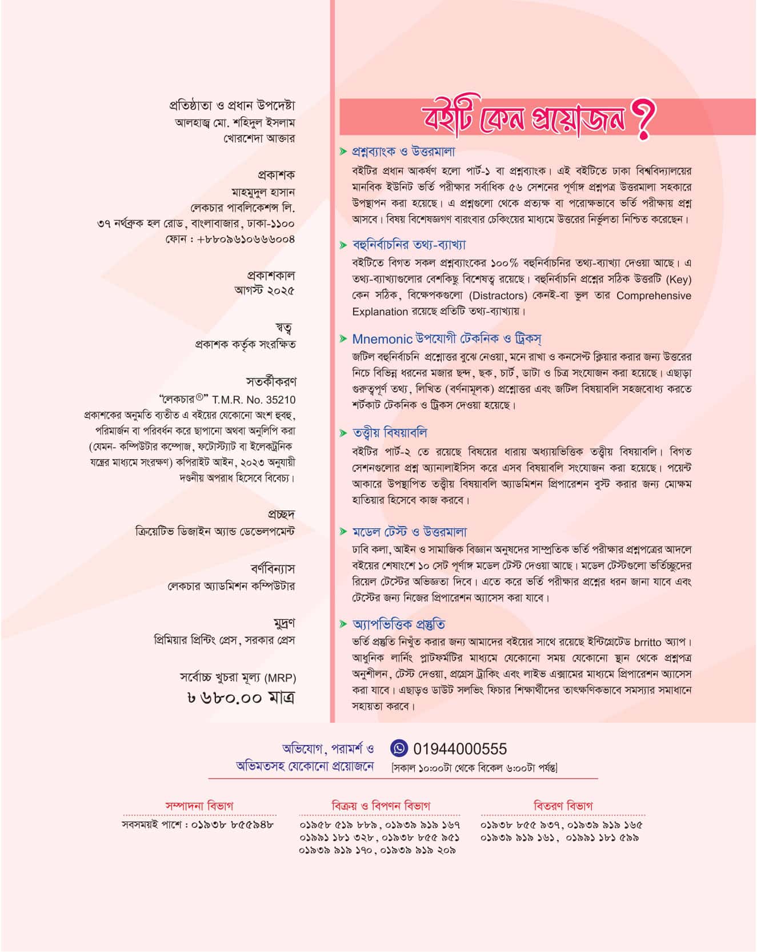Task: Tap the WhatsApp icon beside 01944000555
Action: tap(399, 748)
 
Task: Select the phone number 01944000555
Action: tap(459, 749)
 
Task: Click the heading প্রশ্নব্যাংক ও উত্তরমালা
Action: tap(403, 152)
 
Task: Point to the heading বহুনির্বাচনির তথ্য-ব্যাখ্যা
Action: tap(409, 245)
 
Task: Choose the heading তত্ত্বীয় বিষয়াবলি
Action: tap(390, 432)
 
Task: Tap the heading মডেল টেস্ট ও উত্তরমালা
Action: tap(410, 532)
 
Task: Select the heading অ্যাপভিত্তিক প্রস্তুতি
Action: tap(399, 624)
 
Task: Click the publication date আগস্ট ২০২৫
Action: tap(265, 290)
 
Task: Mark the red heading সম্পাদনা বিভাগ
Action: tap(199, 806)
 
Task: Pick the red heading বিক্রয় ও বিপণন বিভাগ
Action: tap(380, 806)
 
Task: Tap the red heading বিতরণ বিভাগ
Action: tap(563, 806)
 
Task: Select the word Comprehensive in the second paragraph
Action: tap(654, 296)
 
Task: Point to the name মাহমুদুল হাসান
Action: tap(263, 192)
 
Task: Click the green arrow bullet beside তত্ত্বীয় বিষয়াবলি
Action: tap(343, 433)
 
